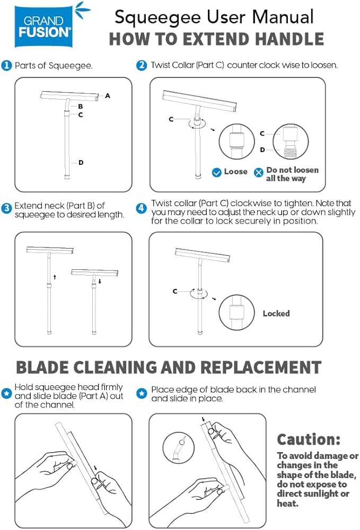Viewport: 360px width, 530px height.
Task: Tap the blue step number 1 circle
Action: tap(6, 65)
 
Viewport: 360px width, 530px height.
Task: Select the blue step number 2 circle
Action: tap(142, 65)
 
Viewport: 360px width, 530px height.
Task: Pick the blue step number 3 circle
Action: tap(6, 208)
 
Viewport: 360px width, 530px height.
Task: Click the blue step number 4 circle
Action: tap(141, 208)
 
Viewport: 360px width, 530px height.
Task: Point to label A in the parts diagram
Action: tap(108, 95)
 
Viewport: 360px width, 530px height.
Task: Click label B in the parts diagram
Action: tap(81, 107)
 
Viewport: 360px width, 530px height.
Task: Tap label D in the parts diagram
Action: tap(81, 163)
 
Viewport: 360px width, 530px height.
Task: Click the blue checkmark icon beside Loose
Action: tap(216, 172)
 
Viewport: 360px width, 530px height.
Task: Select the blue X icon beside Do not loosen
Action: tap(259, 172)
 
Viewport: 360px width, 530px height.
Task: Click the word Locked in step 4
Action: tap(276, 314)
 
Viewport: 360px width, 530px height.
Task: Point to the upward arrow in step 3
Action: tap(55, 277)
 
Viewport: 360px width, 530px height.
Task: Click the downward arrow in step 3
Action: tap(100, 281)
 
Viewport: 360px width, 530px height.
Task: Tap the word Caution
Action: tap(309, 440)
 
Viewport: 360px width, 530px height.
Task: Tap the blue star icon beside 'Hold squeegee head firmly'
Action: tap(6, 393)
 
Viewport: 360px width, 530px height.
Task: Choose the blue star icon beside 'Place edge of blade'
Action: tap(142, 393)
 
